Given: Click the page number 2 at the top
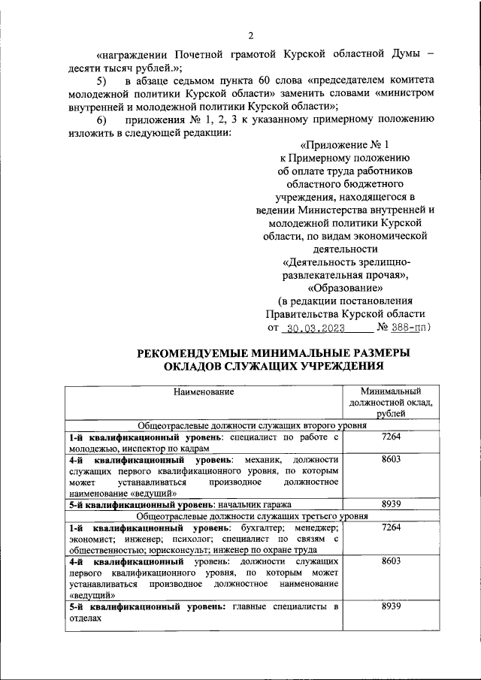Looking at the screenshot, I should (251, 35).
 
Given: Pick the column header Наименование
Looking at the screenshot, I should (204, 391).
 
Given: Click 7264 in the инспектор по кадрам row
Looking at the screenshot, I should (390, 437).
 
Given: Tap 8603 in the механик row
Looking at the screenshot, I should (390, 458).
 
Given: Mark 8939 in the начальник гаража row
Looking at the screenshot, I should (390, 504).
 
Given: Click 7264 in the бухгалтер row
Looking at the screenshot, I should (390, 527).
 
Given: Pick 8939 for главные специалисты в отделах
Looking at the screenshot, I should (390, 606).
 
